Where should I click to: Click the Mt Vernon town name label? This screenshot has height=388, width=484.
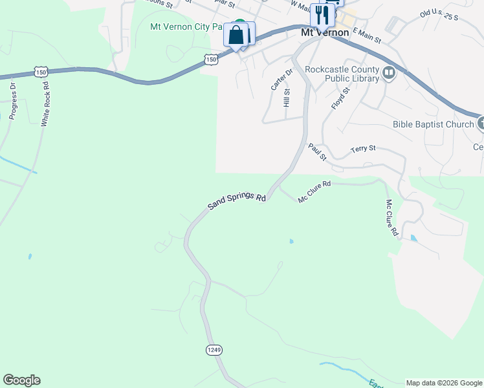click(325, 32)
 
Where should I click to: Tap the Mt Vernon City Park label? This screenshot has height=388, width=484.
click(186, 27)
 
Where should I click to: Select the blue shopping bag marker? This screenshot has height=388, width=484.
click(237, 34)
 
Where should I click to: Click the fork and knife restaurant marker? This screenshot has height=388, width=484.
click(322, 15)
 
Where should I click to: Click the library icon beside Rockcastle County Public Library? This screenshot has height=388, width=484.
click(389, 72)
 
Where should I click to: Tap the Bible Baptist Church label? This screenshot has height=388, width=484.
click(433, 124)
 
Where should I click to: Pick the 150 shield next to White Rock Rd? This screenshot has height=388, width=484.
click(41, 73)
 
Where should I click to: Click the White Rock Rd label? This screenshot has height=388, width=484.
click(45, 103)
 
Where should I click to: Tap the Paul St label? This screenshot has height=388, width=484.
click(318, 152)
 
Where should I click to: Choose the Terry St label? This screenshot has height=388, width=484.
click(363, 149)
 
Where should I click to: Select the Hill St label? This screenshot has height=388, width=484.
click(286, 99)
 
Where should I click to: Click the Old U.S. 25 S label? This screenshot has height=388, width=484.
click(438, 14)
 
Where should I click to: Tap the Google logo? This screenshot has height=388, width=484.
click(21, 380)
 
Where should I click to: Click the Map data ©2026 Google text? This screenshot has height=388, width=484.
click(444, 383)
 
